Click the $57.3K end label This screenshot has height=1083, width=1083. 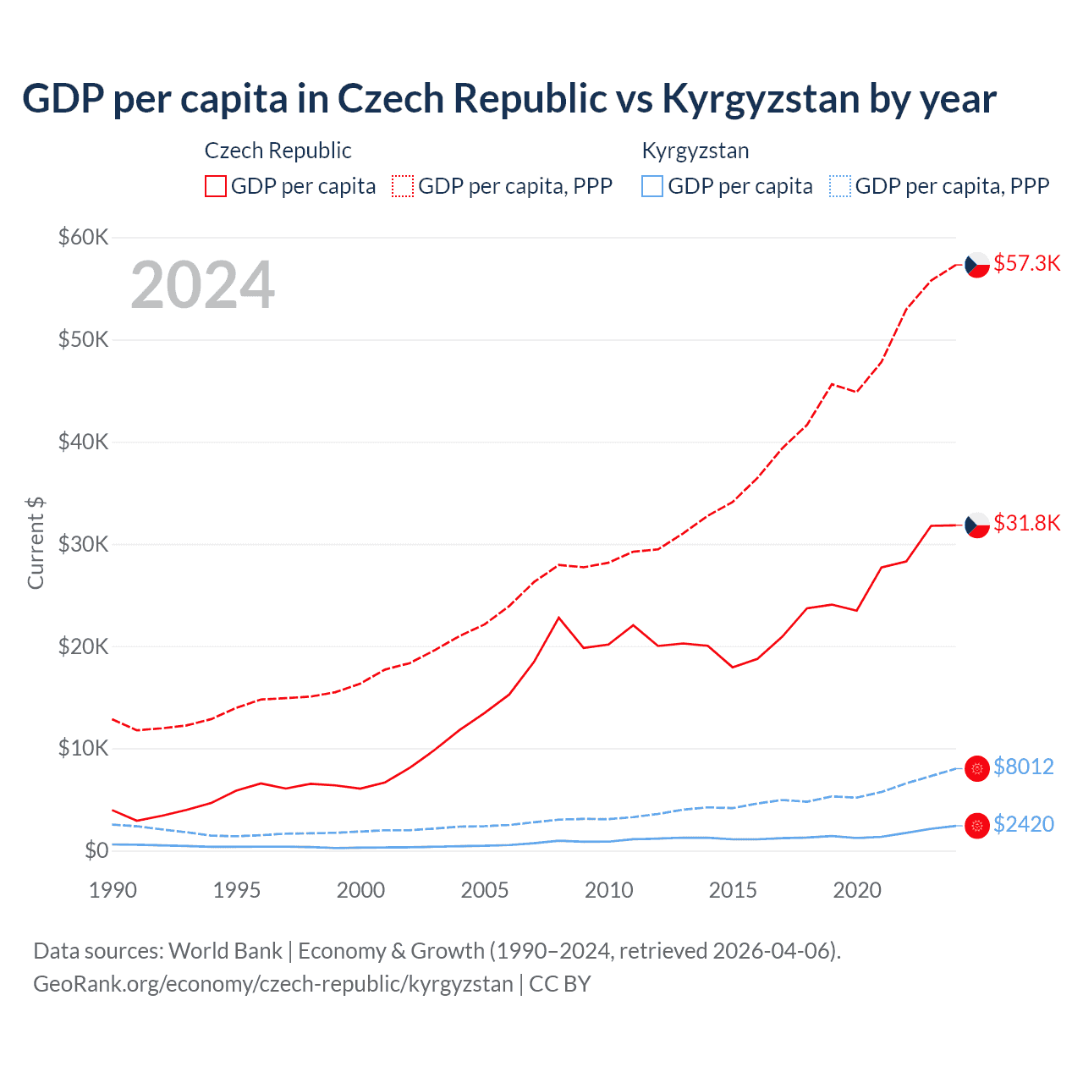point(1026,263)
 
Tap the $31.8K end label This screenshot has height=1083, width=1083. point(1026,523)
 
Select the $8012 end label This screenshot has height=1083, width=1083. point(1023,767)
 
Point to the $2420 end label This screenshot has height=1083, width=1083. point(1023,824)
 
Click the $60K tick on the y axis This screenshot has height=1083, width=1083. point(83,237)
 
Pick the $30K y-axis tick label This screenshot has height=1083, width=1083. point(83,544)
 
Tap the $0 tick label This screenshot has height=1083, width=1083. point(96,850)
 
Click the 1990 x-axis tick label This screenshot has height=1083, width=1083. point(113,890)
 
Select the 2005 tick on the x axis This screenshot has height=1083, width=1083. point(485,890)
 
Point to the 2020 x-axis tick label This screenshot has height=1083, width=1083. point(857,890)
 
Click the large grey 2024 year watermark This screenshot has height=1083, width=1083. point(202,285)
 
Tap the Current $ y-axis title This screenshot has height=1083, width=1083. point(36,543)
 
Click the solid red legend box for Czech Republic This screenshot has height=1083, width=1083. point(216,186)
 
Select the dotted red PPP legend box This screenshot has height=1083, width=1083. point(403,186)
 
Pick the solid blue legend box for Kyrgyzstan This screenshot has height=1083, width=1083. point(652,186)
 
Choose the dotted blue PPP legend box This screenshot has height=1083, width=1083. point(840,186)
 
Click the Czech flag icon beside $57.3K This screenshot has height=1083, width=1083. point(977,265)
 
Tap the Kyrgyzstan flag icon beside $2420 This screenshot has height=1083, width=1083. point(977,825)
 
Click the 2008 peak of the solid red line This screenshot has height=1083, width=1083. point(558,618)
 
